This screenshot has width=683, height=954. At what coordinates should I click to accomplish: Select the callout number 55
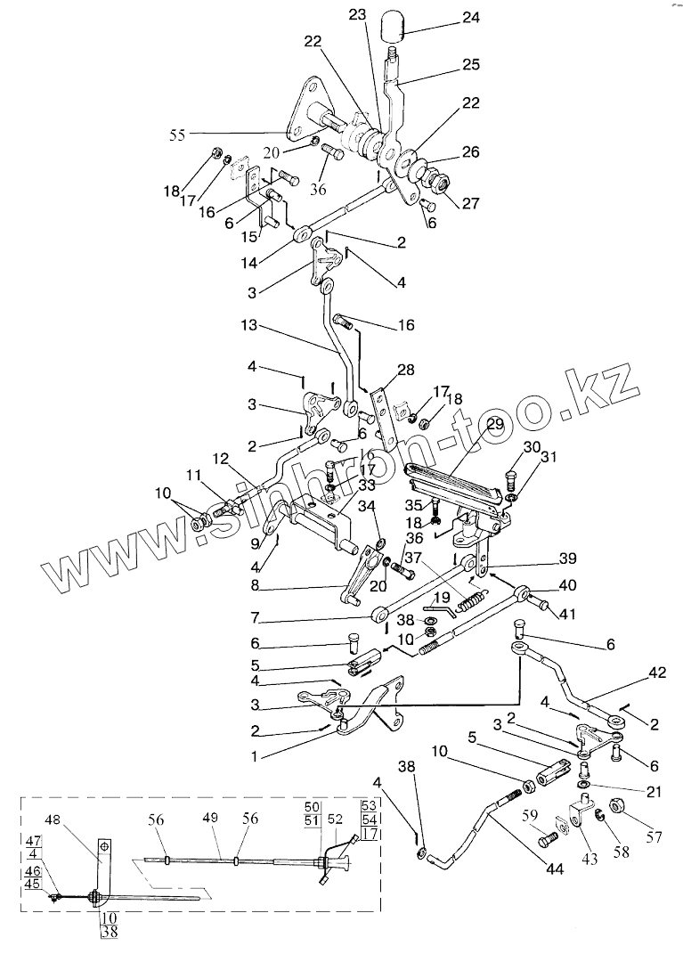click(x=179, y=135)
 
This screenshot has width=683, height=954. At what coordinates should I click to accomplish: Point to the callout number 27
click(x=469, y=204)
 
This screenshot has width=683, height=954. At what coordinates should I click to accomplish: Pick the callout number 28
click(x=406, y=369)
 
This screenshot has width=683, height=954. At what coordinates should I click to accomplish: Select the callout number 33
click(x=341, y=486)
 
